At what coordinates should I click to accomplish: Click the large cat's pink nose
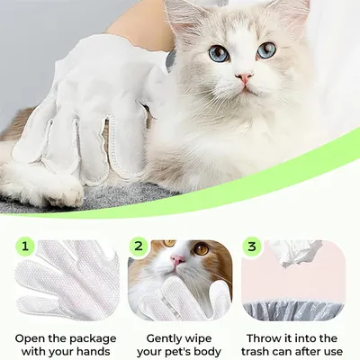[244, 77]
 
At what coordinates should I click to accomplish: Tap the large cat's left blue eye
[220, 53]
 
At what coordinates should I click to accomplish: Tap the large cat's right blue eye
[266, 49]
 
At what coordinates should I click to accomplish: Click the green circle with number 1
[25, 247]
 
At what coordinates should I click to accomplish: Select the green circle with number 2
[139, 247]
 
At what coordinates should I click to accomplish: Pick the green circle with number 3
[252, 247]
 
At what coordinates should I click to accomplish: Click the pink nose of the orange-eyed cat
[177, 260]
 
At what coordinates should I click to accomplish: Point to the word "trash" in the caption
[256, 352]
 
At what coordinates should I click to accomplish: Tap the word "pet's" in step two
[184, 352]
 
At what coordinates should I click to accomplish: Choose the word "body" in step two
[211, 352]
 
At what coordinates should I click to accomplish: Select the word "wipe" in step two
[200, 339]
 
